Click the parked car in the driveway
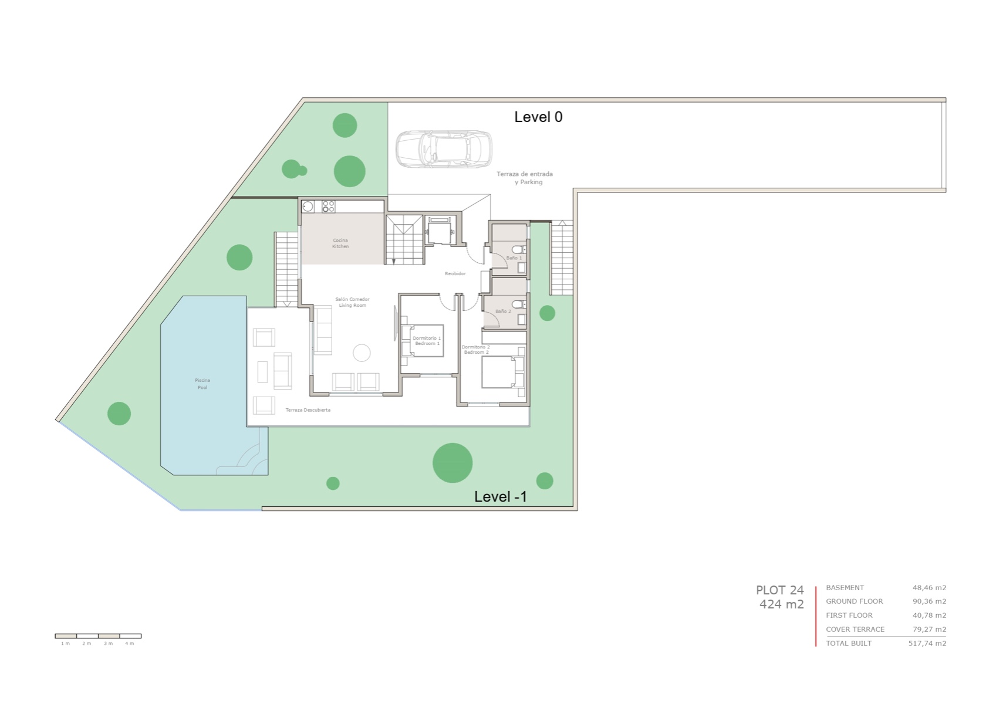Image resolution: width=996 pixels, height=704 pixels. point(444,148)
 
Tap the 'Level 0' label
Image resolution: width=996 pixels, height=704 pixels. point(538,117)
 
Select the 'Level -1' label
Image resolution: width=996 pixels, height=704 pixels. point(500,497)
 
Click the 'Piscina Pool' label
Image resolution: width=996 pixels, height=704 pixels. point(202,384)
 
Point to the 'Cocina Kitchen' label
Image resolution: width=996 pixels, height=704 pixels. point(340,243)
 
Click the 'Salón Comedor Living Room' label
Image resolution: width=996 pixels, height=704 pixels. point(352,302)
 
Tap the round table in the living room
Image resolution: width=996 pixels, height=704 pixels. point(362,353)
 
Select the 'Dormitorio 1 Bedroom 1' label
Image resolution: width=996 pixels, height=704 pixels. point(427,341)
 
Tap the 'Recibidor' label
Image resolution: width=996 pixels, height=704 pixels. point(455,274)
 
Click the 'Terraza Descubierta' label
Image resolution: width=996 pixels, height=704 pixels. point(308,410)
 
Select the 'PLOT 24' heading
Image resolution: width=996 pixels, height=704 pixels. point(779,590)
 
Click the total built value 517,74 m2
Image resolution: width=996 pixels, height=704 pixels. point(927,644)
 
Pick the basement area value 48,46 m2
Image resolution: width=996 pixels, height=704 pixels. point(929,588)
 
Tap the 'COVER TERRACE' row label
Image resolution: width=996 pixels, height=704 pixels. point(855,629)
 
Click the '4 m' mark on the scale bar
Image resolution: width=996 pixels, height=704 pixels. point(130,644)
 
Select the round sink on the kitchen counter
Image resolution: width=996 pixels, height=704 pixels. point(308,207)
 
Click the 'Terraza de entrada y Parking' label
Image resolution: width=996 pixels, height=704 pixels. point(525,178)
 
